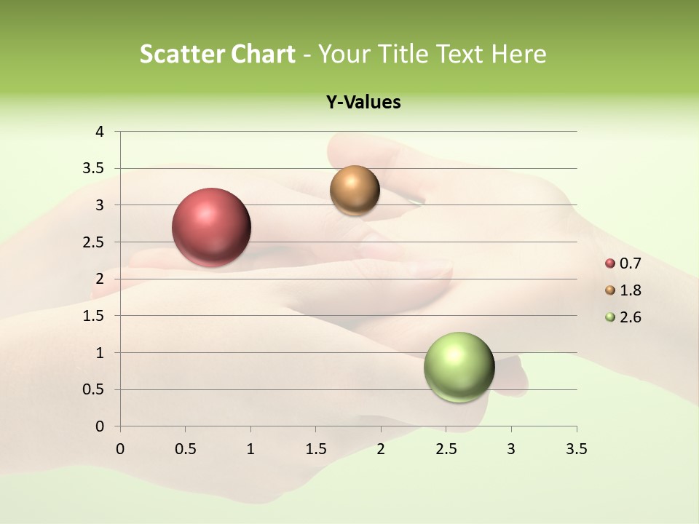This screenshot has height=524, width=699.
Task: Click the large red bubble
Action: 212,227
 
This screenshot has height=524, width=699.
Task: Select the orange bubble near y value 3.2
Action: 355,191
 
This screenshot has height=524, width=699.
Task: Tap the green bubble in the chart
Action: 459,367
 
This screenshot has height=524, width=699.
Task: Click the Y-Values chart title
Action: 363,103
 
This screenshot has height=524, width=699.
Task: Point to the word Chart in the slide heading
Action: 263,54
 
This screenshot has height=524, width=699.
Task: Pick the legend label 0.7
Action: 630,263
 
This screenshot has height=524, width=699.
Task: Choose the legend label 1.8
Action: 630,290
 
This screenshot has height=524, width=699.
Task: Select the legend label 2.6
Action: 630,317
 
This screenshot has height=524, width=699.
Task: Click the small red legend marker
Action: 610,263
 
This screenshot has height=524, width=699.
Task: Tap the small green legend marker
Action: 610,317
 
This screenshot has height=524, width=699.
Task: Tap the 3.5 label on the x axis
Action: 576,449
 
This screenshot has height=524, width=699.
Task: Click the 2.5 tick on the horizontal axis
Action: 446,449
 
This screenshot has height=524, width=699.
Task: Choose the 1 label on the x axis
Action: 250,449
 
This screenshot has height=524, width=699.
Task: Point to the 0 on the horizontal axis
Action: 120,449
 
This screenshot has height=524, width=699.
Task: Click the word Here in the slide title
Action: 519,54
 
